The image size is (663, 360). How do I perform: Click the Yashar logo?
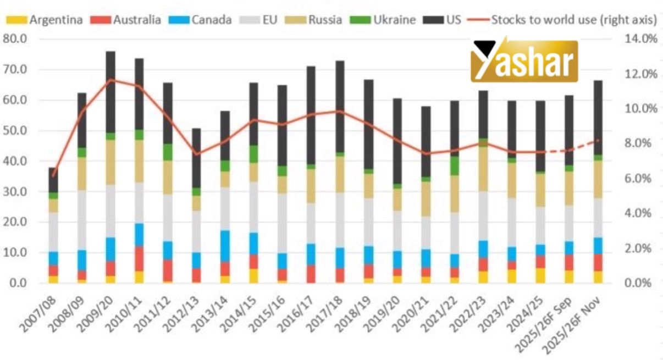(524, 61)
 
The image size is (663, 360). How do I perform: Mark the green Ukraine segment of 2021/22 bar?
(454, 166)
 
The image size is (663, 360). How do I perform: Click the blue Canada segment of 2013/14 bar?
(225, 246)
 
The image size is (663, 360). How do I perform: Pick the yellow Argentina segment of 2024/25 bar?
(540, 275)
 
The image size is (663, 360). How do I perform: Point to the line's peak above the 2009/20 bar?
(110, 80)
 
